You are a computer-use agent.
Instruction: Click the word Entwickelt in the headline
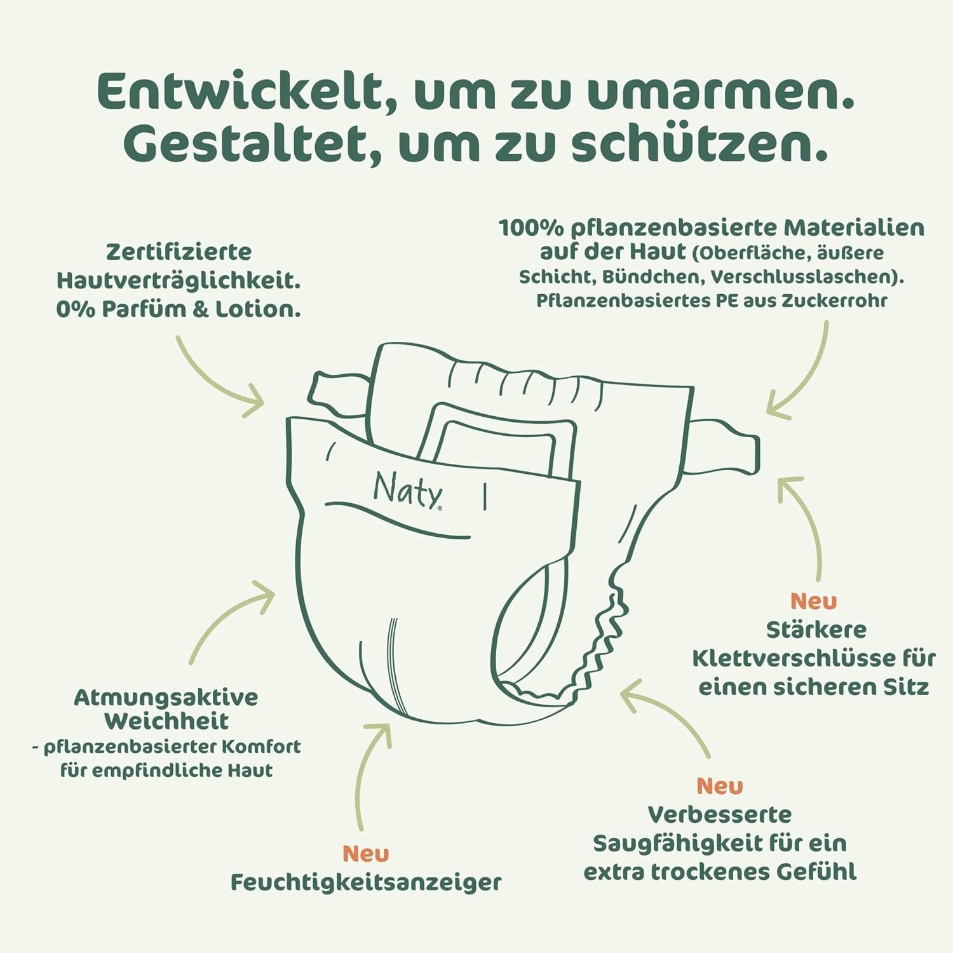click(238, 92)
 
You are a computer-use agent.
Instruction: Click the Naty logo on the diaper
click(407, 490)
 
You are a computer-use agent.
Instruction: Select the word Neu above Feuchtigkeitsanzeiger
click(365, 853)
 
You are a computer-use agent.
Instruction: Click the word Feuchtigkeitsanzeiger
click(365, 882)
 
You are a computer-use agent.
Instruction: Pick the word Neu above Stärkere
click(813, 600)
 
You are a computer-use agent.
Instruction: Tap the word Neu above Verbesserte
click(719, 786)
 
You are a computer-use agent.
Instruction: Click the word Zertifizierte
click(179, 252)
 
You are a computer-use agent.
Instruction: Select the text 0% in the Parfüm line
click(75, 309)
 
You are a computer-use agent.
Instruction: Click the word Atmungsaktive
click(166, 697)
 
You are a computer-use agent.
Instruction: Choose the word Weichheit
click(166, 721)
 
